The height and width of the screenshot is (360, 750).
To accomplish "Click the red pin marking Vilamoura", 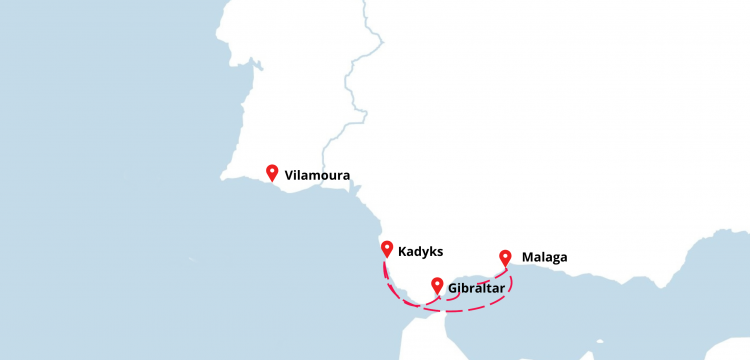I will coord(272,173).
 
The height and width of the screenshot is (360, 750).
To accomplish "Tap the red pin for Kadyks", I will coord(386,249).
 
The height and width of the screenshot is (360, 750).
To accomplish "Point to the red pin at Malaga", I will coord(505,257).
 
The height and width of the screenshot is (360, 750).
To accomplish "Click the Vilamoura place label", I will coord(317,175).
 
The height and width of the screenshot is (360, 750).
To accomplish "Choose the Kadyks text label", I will coord(419,252).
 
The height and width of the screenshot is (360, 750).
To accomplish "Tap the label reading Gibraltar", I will coord(477,290).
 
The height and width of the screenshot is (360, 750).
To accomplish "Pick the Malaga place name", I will coord(544,257).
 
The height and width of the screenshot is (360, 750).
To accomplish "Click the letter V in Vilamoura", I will coord(289,175).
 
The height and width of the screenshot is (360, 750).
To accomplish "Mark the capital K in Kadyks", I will coord(401,252).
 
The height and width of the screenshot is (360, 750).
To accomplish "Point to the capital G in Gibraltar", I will coord(454,290).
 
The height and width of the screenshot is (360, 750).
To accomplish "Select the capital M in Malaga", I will coord(528,257).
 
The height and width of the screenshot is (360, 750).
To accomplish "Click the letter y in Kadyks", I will coord(426,254).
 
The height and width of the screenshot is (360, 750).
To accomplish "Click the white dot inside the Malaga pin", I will coord(505,255).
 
